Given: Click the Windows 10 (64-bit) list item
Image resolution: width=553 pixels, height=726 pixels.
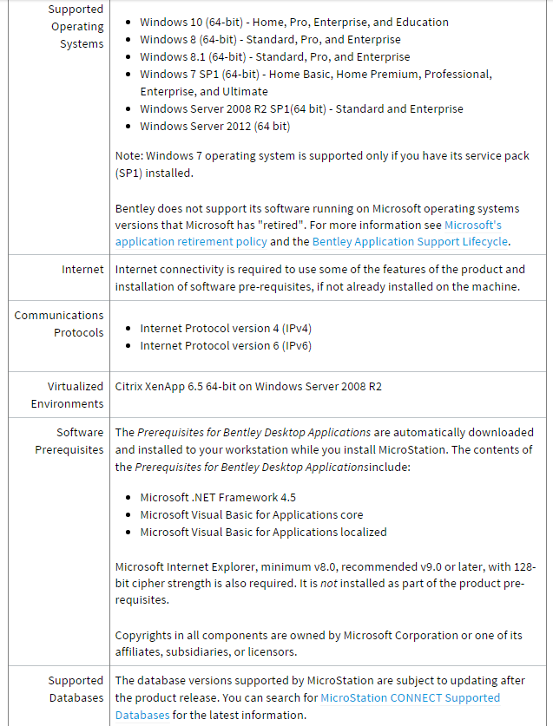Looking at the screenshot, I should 294,22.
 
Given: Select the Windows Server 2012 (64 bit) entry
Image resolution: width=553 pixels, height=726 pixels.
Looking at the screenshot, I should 214,126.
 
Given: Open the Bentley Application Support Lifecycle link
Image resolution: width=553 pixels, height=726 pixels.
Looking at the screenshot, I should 410,242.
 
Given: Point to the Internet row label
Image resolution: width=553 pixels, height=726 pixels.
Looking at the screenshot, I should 82,270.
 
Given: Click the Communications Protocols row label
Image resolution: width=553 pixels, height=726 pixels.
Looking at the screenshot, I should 59,324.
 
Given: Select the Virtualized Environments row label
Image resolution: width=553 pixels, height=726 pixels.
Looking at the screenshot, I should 67,395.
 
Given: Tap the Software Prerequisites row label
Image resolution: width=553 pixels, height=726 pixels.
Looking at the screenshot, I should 69,441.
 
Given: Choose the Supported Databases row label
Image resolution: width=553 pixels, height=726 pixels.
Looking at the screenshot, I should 76,689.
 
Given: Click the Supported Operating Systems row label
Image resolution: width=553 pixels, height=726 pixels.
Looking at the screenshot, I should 76,26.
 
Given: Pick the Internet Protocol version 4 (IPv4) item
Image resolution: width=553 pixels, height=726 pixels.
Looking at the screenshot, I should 226,329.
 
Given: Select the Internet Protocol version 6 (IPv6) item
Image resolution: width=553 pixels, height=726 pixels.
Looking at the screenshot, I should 226,345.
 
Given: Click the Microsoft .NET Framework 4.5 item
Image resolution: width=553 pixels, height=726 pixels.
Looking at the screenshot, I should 218,497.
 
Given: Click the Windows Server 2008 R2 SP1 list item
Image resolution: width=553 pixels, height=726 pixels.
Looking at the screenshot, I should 301,108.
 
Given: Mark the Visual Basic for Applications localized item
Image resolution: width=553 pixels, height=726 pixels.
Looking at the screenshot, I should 263,532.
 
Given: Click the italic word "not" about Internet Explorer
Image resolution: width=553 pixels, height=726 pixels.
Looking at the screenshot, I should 328,583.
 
